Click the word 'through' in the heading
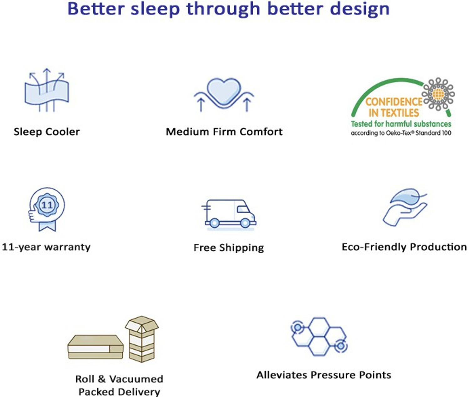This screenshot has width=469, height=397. tap(223, 9)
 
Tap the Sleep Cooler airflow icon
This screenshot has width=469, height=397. tap(47, 91)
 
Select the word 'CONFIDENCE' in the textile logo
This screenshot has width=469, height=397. tap(394, 102)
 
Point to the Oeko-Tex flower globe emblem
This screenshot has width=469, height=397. tap(438, 93)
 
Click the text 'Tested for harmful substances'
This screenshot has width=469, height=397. tap(401, 124)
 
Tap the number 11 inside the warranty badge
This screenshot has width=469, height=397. tap(47, 205)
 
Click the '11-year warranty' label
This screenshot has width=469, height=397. tap(46, 247)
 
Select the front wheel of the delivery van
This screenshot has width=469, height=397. tap(245, 223)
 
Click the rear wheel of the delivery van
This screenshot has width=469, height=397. tap(214, 223)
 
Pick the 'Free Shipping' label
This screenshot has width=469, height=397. tap(229, 248)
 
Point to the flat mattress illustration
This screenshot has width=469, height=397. tap(95, 347)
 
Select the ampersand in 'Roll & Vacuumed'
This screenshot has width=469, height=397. tap(102, 379)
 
